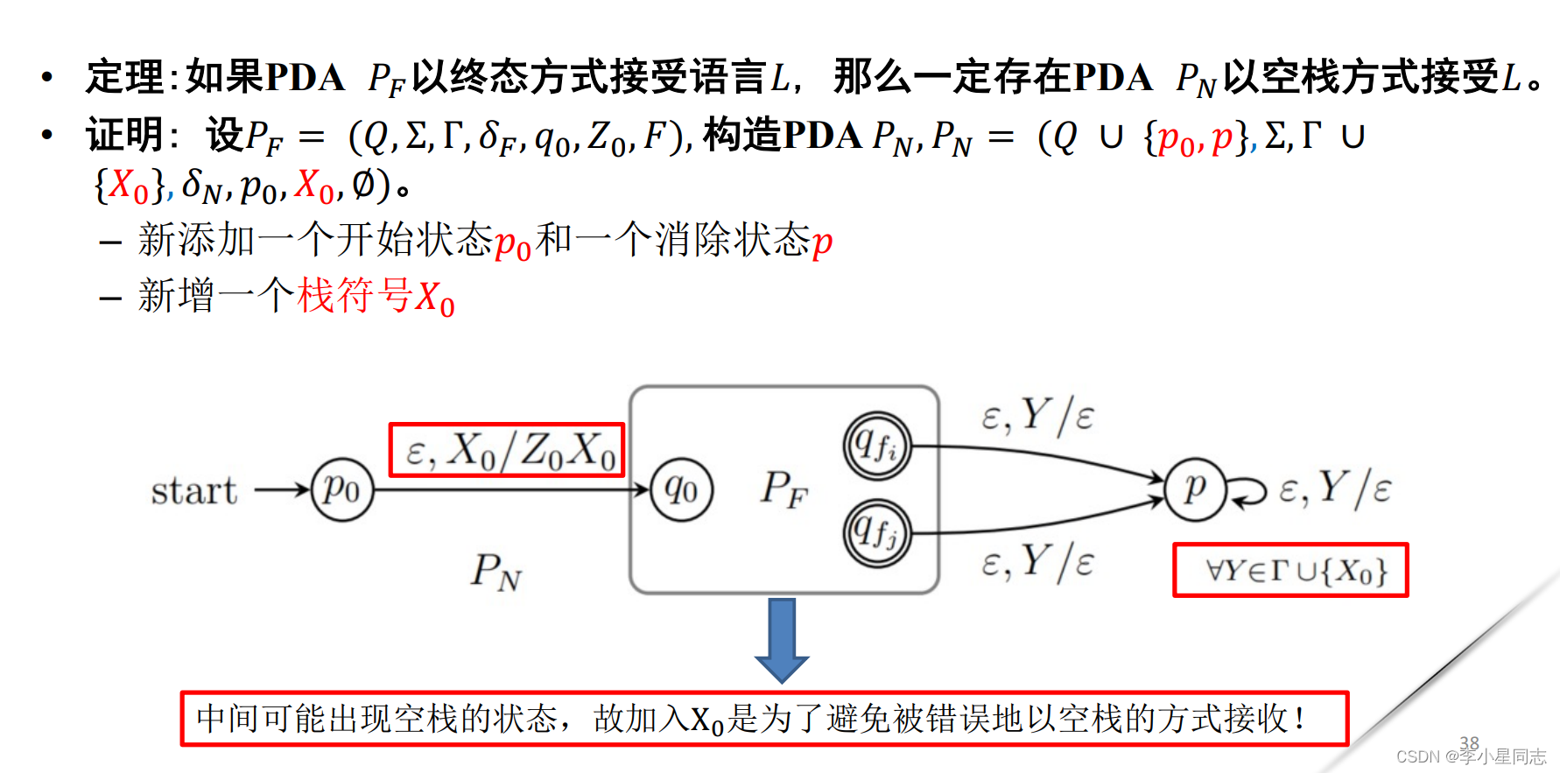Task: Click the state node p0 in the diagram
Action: [342, 489]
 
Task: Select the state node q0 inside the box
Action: [682, 489]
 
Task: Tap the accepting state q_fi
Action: [876, 446]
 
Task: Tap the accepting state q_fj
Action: [876, 532]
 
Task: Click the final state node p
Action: [1195, 489]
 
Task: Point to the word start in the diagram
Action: [193, 490]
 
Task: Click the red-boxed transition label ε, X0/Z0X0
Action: [507, 451]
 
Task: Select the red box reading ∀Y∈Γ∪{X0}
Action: [1290, 571]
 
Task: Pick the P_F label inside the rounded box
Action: [784, 489]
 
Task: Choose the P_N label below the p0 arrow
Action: [495, 572]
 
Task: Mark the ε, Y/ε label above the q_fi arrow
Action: [1036, 416]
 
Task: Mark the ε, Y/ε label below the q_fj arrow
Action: [1036, 562]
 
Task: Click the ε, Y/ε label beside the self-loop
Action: [1334, 488]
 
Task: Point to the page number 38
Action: [1469, 742]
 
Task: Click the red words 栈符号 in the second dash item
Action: [354, 296]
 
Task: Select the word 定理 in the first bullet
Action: [124, 77]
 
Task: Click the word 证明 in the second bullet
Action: [124, 136]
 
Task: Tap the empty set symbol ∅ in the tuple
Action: [363, 184]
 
